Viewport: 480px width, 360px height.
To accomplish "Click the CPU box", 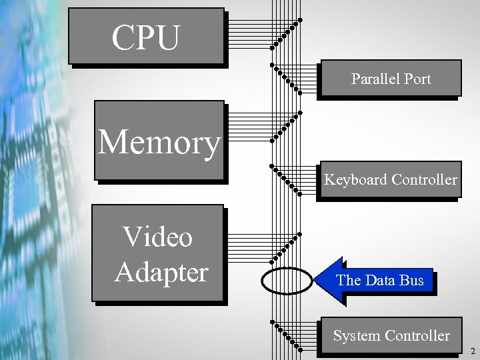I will point(146,37).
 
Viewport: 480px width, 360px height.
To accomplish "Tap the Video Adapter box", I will point(158,254).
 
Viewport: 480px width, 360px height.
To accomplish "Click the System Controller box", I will point(391,336).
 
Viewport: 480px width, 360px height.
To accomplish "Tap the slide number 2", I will point(473,351).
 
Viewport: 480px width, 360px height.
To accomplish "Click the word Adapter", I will point(161,272).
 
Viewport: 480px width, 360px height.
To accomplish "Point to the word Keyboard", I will point(355,179).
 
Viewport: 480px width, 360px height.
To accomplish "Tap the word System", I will point(357,336).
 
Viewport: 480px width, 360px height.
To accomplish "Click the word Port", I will point(417,79).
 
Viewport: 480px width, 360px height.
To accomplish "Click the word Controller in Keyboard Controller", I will point(425,179).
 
